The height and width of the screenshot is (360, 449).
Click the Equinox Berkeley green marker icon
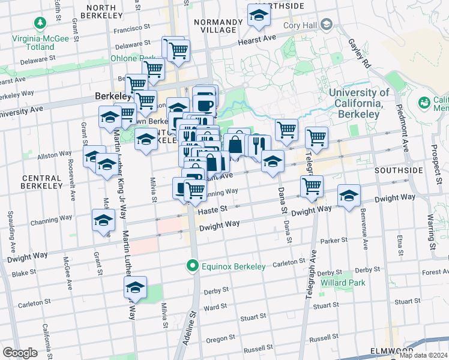click(192, 265)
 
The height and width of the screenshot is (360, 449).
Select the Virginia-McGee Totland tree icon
click(40, 23)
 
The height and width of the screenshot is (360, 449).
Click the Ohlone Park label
click(125, 59)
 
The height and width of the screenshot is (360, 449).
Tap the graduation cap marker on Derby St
click(136, 288)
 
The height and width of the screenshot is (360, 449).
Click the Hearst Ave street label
click(256, 39)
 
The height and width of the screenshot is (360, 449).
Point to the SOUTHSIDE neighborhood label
click(399, 170)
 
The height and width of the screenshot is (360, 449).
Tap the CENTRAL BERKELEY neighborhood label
click(42, 182)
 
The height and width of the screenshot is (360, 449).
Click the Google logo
click(20, 353)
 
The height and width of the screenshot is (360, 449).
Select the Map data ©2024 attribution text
click(423, 355)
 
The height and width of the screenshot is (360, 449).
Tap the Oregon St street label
click(220, 339)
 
